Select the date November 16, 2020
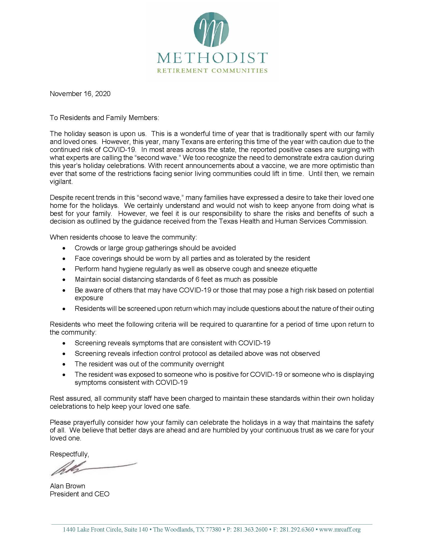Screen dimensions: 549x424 (x=80, y=94)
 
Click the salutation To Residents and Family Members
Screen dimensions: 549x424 (x=105, y=118)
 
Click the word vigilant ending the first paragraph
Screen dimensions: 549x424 (x=61, y=182)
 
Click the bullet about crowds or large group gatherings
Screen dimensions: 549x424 (x=155, y=248)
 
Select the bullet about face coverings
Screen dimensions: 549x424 (x=192, y=259)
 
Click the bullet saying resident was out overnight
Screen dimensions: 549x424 (x=149, y=364)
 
